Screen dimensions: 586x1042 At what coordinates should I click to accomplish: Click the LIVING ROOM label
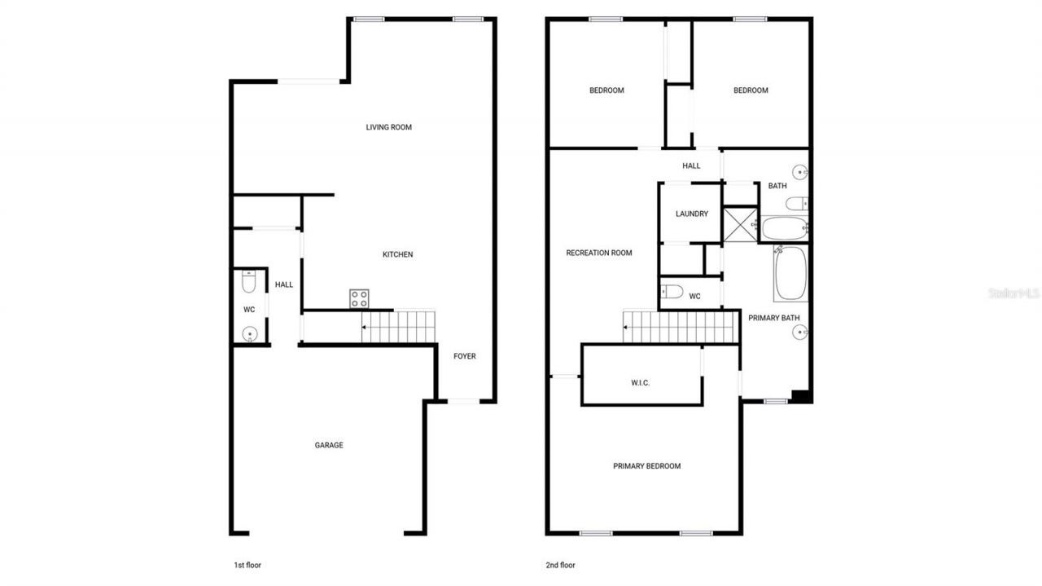pyautogui.click(x=388, y=127)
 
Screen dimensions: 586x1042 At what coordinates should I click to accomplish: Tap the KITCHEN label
pyautogui.click(x=398, y=254)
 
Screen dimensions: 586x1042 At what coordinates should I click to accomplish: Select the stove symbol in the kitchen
pyautogui.click(x=359, y=298)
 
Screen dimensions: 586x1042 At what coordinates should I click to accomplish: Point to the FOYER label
pyautogui.click(x=465, y=356)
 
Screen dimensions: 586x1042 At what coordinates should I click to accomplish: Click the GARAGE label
pyautogui.click(x=329, y=445)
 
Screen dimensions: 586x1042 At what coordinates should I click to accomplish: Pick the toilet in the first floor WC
pyautogui.click(x=249, y=282)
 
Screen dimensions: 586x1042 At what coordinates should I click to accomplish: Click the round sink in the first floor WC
pyautogui.click(x=250, y=333)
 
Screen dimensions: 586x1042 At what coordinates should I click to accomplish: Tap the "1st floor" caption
pyautogui.click(x=247, y=565)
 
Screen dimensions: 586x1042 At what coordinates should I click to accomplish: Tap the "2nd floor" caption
pyautogui.click(x=560, y=565)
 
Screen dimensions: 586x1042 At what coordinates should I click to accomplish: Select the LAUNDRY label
pyautogui.click(x=692, y=214)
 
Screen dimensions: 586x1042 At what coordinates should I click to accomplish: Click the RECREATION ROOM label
pyautogui.click(x=599, y=253)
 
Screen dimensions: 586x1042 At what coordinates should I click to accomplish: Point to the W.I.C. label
pyautogui.click(x=641, y=382)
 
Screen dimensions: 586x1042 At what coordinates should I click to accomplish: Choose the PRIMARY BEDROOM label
pyautogui.click(x=646, y=466)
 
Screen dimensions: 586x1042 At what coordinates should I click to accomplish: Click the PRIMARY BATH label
pyautogui.click(x=774, y=318)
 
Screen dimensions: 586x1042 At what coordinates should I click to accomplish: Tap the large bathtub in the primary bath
pyautogui.click(x=790, y=274)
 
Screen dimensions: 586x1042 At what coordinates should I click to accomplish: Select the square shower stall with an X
pyautogui.click(x=741, y=224)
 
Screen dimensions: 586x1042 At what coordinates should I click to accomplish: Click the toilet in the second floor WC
pyautogui.click(x=672, y=291)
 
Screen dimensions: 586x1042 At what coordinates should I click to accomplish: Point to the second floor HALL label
pyautogui.click(x=691, y=165)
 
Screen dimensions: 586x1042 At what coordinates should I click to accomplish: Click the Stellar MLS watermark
pyautogui.click(x=1014, y=293)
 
